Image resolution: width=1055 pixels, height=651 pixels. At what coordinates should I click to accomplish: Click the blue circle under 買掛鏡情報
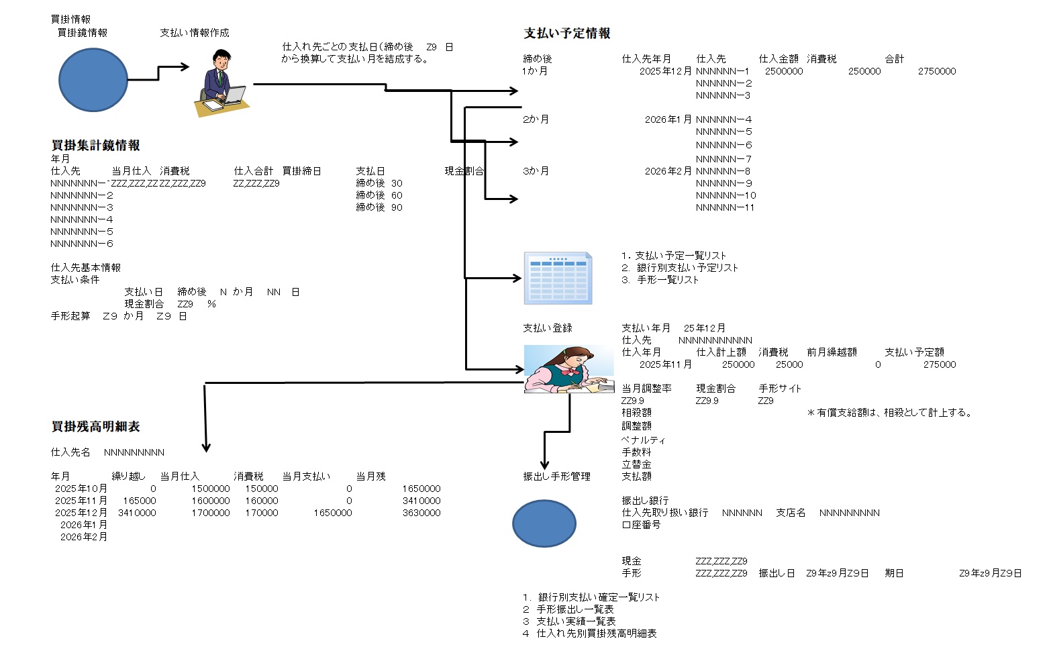pyautogui.click(x=93, y=80)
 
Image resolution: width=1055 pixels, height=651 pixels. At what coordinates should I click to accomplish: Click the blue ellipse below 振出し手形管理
pyautogui.click(x=544, y=523)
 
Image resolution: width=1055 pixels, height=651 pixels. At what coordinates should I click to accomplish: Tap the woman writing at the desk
pyautogui.click(x=568, y=369)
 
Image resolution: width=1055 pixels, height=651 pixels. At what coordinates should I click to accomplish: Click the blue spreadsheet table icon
pyautogui.click(x=558, y=278)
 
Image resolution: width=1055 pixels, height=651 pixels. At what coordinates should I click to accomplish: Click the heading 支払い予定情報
pyautogui.click(x=567, y=34)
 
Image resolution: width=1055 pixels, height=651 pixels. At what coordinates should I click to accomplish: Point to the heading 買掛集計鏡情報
pyautogui.click(x=96, y=146)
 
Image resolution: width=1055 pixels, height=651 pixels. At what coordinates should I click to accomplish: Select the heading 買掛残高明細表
pyautogui.click(x=96, y=427)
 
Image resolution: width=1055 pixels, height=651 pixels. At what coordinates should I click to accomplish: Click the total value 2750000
pyautogui.click(x=937, y=71)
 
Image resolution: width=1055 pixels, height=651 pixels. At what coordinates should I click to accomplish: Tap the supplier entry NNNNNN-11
pyautogui.click(x=725, y=207)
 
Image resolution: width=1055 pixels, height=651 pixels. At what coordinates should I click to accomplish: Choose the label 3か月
pyautogui.click(x=536, y=171)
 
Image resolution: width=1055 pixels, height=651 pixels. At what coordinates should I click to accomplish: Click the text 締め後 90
pyautogui.click(x=379, y=207)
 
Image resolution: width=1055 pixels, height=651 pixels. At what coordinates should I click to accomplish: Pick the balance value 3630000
pyautogui.click(x=421, y=513)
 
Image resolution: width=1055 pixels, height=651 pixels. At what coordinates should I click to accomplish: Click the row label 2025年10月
pyautogui.click(x=81, y=489)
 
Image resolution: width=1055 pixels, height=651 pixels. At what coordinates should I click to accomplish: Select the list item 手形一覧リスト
pyautogui.click(x=667, y=280)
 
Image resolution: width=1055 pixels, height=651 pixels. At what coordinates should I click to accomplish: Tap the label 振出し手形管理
pyautogui.click(x=557, y=477)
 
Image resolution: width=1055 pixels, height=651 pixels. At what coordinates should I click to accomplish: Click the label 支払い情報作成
pyautogui.click(x=195, y=33)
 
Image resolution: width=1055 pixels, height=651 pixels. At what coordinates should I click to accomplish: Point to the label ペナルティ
pyautogui.click(x=644, y=440)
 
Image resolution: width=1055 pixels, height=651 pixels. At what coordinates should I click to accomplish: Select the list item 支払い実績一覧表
pyautogui.click(x=576, y=621)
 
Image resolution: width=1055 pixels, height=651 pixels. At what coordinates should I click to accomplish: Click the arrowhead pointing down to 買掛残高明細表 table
pyautogui.click(x=206, y=447)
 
